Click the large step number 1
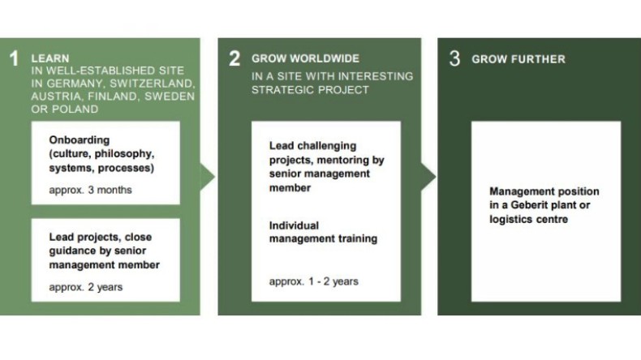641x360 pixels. (x=15, y=58)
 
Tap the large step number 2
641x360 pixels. (x=234, y=58)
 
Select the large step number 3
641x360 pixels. (x=454, y=58)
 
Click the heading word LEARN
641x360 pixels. (x=50, y=58)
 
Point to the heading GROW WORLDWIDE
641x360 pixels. (x=305, y=58)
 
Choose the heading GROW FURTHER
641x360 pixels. (x=518, y=59)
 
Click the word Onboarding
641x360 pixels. (x=80, y=139)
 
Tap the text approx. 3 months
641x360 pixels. (x=90, y=190)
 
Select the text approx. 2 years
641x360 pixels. (x=86, y=287)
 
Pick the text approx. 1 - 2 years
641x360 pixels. (x=313, y=281)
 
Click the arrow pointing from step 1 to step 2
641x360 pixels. (x=208, y=177)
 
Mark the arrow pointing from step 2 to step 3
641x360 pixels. (x=428, y=177)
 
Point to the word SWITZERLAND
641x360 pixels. (x=153, y=84)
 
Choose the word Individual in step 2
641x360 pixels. (x=294, y=225)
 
